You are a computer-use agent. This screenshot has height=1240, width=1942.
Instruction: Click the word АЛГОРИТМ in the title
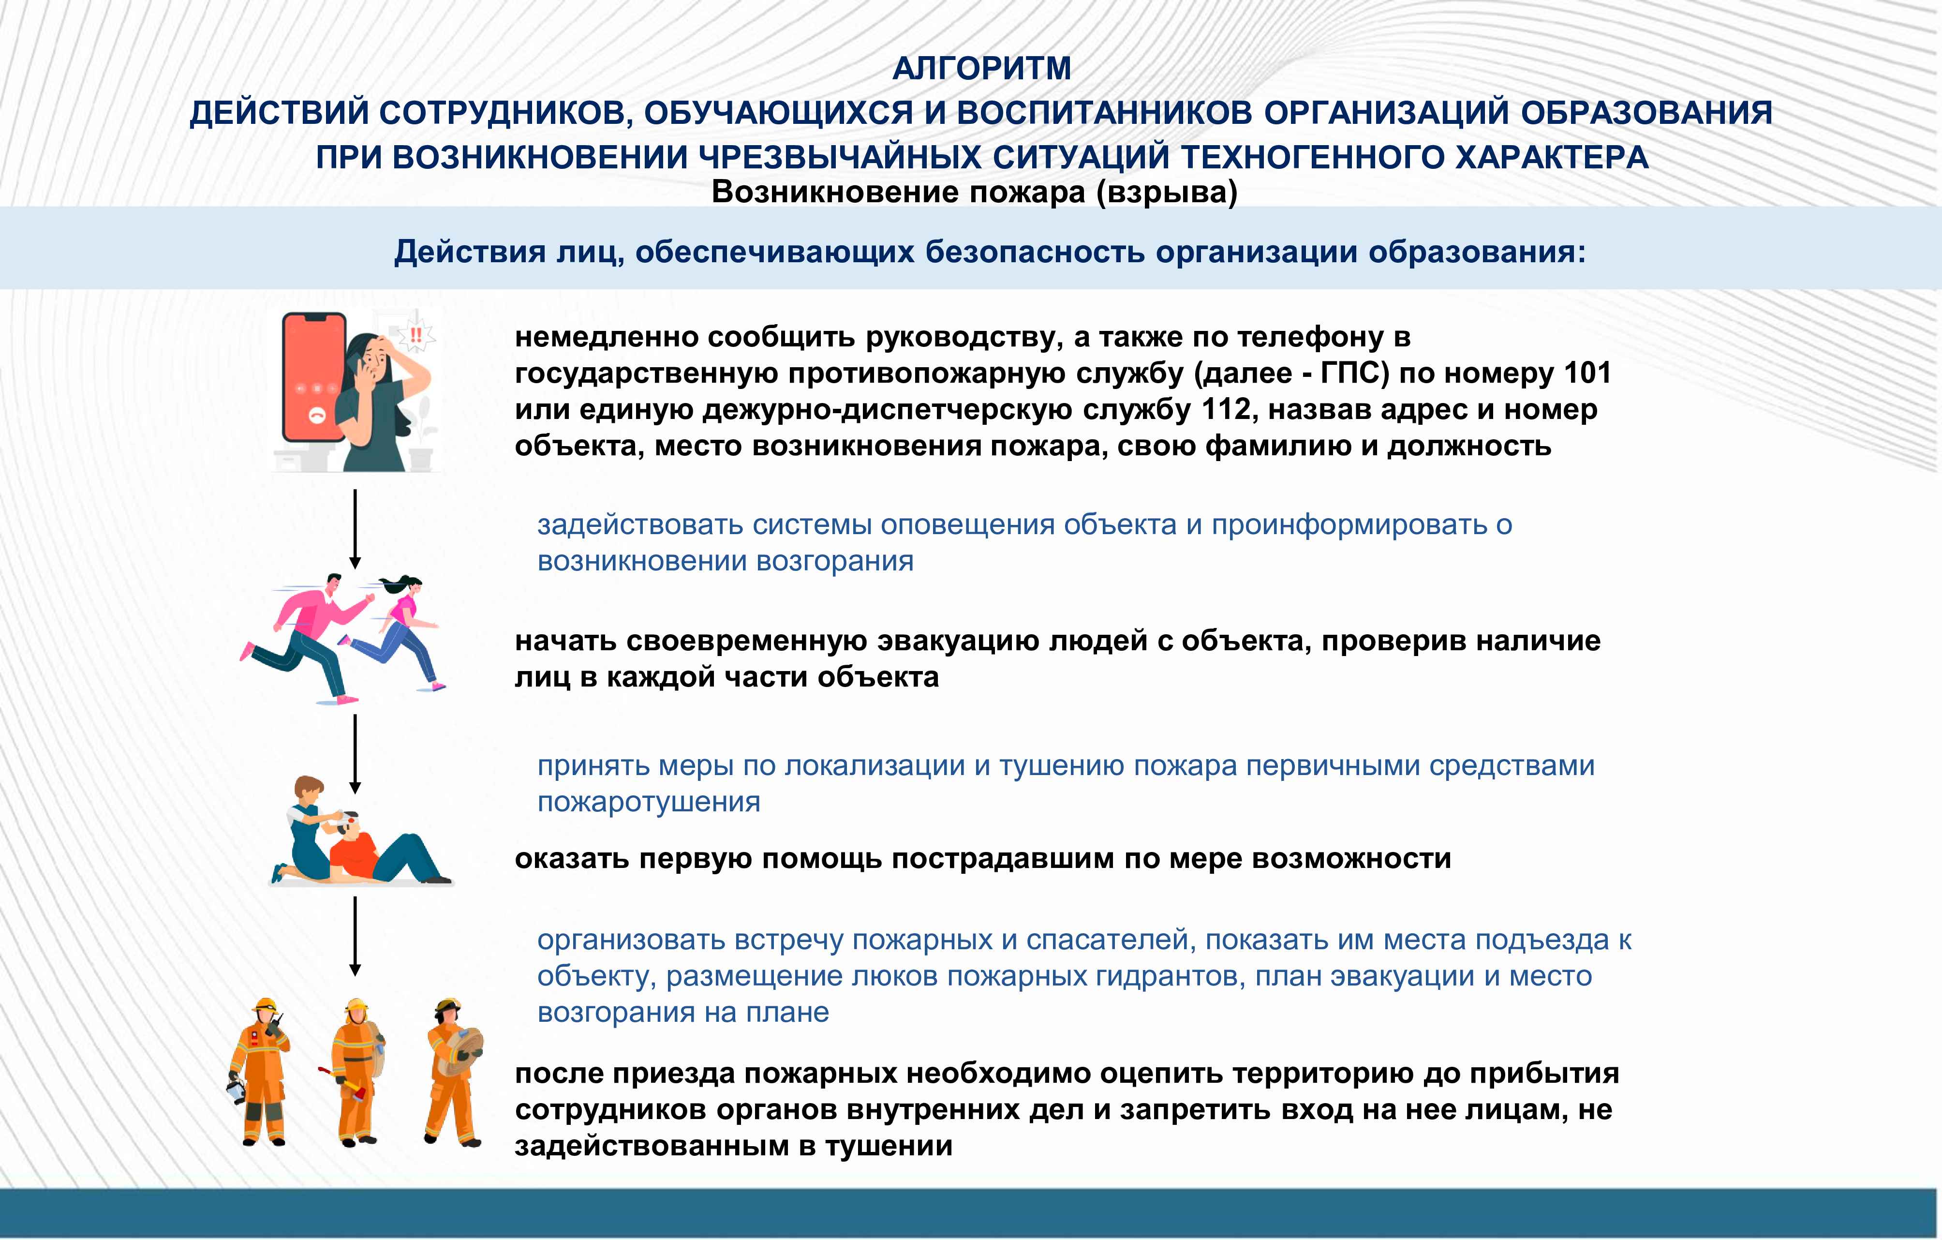pyautogui.click(x=981, y=69)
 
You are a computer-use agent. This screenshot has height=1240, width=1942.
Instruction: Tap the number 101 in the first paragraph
pyautogui.click(x=1587, y=373)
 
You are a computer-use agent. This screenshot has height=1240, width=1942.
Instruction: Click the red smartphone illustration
pyautogui.click(x=314, y=377)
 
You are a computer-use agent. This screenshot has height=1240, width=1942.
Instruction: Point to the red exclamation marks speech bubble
pyautogui.click(x=416, y=335)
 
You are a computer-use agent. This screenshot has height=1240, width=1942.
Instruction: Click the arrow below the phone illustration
pyautogui.click(x=355, y=528)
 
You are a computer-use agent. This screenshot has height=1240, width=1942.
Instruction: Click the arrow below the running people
pyautogui.click(x=355, y=753)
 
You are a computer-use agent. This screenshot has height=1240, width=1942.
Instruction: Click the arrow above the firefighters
pyautogui.click(x=355, y=936)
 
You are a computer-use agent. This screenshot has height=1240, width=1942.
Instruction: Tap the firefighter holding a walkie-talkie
pyautogui.click(x=259, y=1071)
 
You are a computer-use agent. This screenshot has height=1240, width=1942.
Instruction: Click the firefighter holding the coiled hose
pyautogui.click(x=453, y=1071)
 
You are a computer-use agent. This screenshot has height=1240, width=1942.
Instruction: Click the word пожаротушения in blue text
pyautogui.click(x=649, y=802)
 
